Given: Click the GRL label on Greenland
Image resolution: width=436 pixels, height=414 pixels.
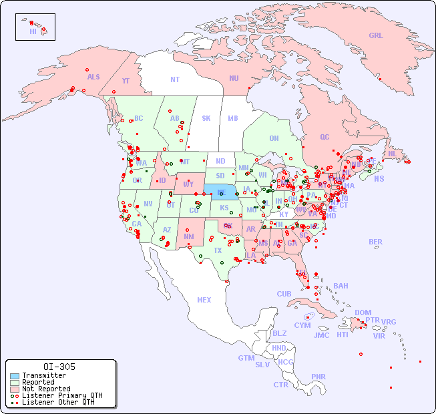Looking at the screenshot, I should [376, 36].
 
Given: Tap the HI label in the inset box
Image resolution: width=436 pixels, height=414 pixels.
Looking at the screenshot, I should [33, 31].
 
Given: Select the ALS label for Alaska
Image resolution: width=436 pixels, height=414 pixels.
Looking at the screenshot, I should [93, 77].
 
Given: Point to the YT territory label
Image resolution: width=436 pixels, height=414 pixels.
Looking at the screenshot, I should [126, 81].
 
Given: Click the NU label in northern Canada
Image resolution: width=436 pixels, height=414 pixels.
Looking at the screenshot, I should [234, 78].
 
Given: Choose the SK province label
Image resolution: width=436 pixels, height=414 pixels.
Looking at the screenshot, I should [206, 118].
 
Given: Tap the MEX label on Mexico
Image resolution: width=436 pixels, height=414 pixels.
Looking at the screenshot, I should [204, 300].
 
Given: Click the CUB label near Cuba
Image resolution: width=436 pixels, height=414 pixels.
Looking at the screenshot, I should [284, 294].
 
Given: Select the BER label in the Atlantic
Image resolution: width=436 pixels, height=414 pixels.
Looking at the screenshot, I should [376, 242].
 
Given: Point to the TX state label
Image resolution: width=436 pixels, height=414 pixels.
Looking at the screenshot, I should [218, 250].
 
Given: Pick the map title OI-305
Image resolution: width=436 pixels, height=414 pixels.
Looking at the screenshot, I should [59, 367].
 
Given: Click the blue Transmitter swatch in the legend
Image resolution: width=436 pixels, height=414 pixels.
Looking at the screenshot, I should [15, 376].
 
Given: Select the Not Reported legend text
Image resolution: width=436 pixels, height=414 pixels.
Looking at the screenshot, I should [46, 389].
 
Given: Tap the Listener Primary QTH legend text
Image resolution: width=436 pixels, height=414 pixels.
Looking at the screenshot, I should [62, 395].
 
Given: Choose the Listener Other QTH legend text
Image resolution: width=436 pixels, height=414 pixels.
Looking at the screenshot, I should [58, 402].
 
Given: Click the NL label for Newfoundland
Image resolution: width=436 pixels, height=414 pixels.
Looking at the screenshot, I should [392, 153].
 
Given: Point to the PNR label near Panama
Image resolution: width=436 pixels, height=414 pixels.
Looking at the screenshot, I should [318, 377].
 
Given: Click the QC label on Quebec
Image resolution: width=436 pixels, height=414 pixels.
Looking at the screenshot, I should [324, 137].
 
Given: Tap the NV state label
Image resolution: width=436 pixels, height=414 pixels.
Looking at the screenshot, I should [148, 204].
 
